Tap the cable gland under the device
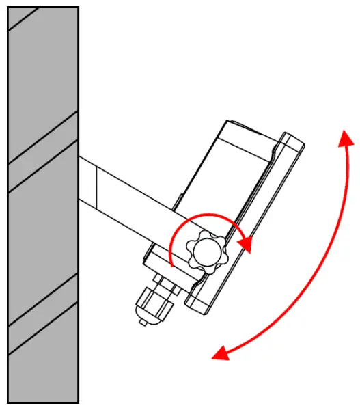point(154,301)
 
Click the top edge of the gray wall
point(42,8)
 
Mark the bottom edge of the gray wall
point(42,402)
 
